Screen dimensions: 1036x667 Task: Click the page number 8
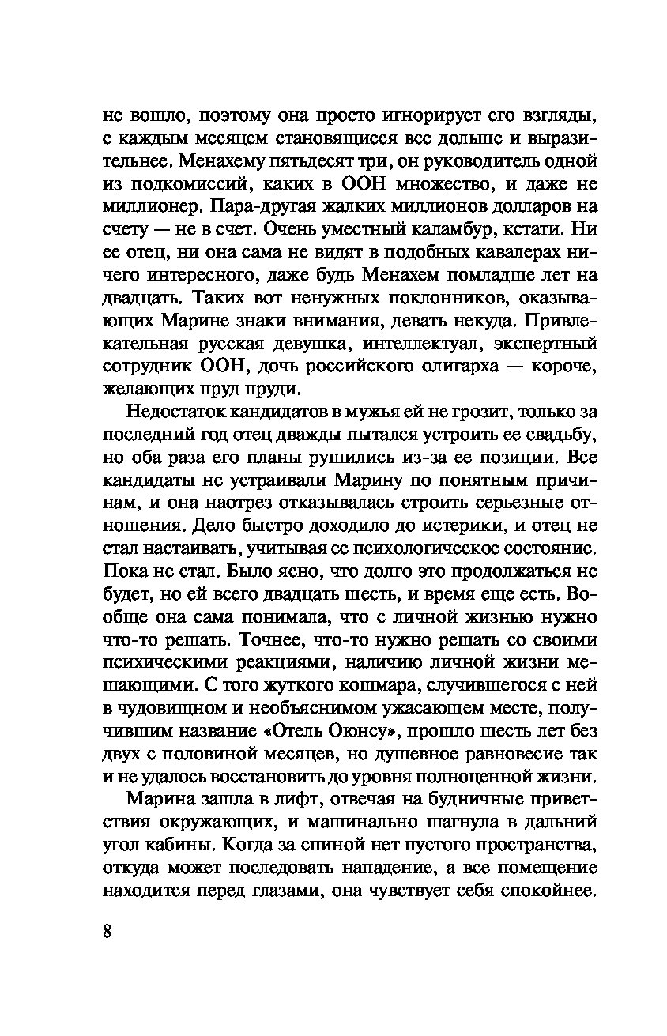(108, 930)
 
